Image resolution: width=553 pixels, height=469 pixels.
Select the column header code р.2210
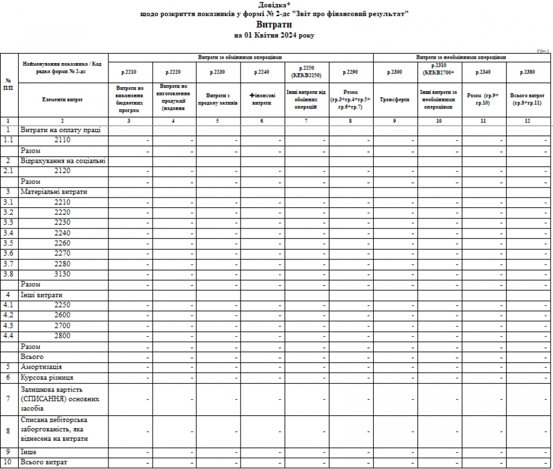[x=131, y=72]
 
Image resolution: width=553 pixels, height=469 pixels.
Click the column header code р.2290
[x=351, y=72]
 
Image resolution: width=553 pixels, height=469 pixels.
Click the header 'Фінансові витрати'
[x=263, y=100]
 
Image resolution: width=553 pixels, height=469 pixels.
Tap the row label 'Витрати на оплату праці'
[x=60, y=130]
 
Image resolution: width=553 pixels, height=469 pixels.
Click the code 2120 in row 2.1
[x=62, y=171]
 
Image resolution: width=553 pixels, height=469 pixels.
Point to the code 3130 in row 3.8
[x=62, y=274]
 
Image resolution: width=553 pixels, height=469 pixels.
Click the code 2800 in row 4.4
[x=62, y=336]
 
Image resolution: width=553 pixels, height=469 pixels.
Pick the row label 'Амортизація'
[x=41, y=367]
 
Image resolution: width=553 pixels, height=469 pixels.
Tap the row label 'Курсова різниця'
[x=47, y=377]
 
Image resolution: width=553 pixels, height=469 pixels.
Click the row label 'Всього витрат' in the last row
[x=44, y=462]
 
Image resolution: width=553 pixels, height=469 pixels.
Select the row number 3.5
[x=8, y=243]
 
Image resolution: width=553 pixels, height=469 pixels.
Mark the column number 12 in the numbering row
[x=527, y=121]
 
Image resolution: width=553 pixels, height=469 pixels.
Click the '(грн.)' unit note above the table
[x=542, y=50]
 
